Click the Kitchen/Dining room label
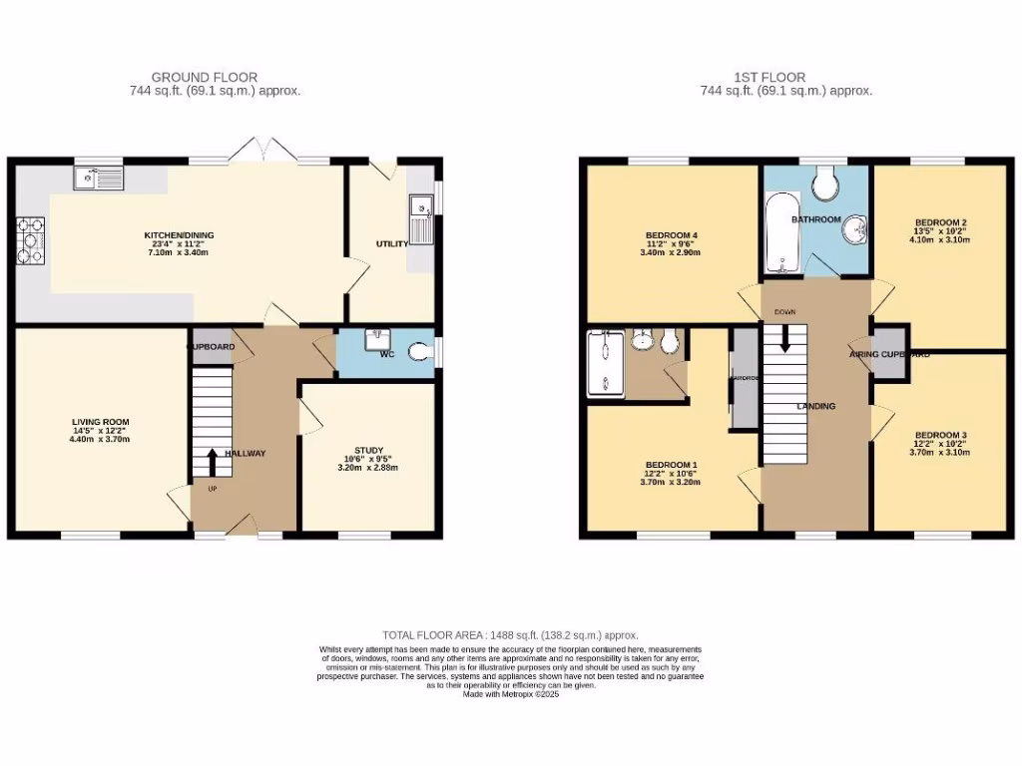tap(179, 235)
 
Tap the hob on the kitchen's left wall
tap(31, 240)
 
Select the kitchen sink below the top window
tap(97, 180)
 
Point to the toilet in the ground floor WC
tap(427, 350)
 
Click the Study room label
tap(368, 450)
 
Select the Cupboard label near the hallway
tap(211, 346)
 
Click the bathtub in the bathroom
tap(778, 234)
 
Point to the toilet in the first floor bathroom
tap(825, 183)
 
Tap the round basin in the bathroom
tap(853, 232)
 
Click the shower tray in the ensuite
tap(604, 364)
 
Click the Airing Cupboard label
tap(889, 353)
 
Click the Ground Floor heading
tap(205, 77)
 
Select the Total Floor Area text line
tap(510, 634)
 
